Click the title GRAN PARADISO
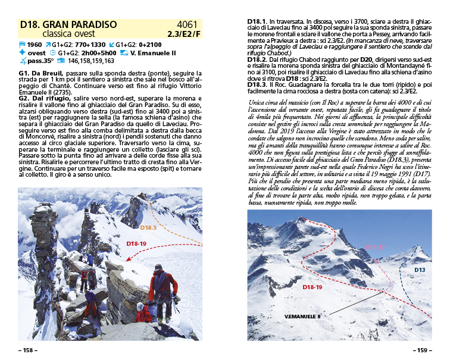tap(77, 25)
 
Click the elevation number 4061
tap(186, 25)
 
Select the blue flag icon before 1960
tap(23, 45)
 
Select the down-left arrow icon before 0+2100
tap(111, 45)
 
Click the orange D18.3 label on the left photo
tap(149, 227)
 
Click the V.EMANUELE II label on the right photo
tap(302, 316)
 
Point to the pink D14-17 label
tap(375, 246)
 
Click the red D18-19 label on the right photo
tap(312, 287)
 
